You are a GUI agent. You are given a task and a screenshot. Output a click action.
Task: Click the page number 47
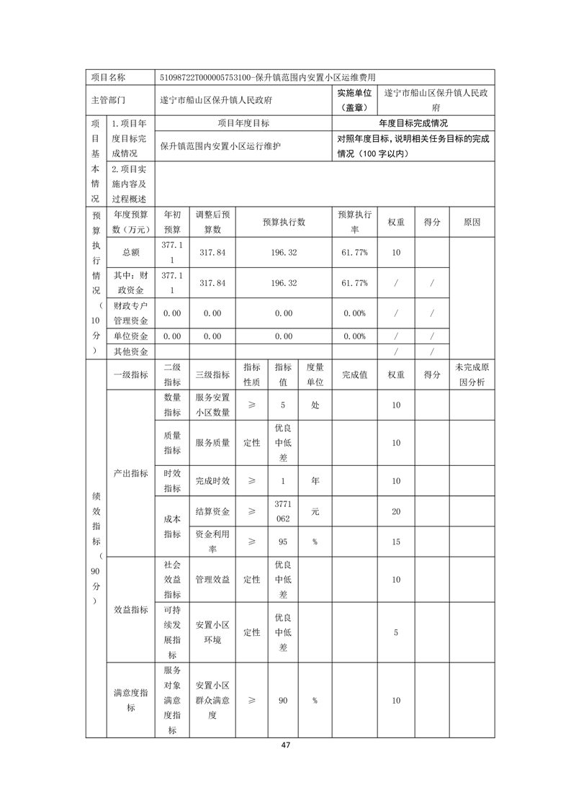286,745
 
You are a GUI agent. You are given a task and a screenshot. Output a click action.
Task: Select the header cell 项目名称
108,77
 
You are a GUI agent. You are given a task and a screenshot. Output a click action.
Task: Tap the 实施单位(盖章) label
354,100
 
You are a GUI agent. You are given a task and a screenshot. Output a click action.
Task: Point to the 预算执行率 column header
354,222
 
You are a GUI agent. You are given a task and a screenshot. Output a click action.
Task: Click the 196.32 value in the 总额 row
284,253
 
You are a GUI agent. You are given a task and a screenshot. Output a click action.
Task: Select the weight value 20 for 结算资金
396,511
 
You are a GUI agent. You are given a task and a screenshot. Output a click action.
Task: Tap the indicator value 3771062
283,511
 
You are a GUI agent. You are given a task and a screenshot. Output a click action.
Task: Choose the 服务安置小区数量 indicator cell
212,405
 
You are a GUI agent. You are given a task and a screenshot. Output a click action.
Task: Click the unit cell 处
315,405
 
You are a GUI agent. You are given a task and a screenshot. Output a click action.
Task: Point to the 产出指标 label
130,473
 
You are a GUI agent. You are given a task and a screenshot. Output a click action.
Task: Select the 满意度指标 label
130,700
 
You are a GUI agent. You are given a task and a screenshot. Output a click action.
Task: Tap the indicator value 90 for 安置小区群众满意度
283,700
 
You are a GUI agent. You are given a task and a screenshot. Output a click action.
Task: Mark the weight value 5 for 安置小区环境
396,632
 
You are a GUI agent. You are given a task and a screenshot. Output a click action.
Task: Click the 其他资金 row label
130,351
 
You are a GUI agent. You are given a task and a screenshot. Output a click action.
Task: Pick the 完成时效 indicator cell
212,480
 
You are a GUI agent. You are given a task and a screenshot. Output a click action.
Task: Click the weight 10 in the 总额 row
396,253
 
